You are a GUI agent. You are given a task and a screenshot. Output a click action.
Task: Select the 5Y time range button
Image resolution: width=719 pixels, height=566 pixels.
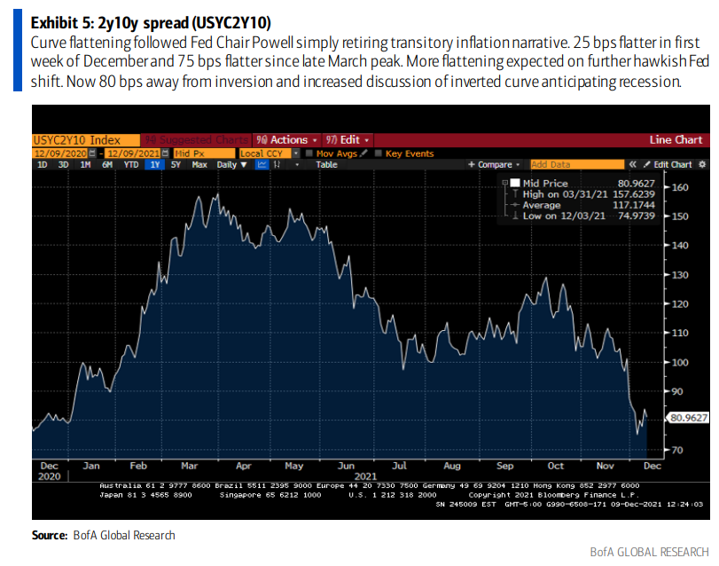[x=176, y=165]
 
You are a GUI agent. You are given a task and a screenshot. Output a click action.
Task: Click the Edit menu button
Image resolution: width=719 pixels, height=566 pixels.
[x=347, y=140]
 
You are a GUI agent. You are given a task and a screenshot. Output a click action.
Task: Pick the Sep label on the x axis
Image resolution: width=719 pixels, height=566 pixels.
[x=504, y=465]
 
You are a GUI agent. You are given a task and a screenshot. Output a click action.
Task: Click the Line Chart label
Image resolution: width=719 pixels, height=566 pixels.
[x=676, y=140]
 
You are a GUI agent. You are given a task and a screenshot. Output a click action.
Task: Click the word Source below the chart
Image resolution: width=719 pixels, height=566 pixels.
[x=49, y=535]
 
